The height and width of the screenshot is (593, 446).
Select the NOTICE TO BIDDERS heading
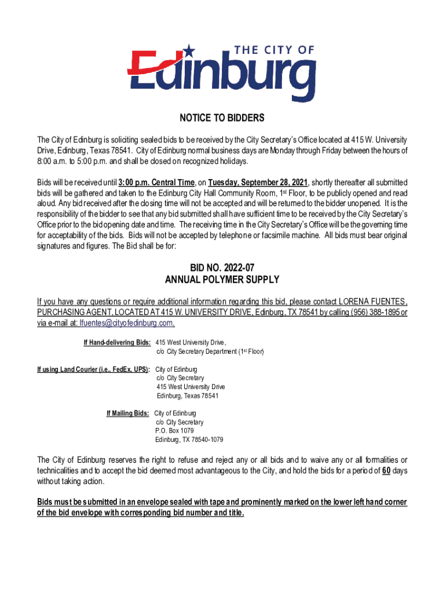(x=222, y=118)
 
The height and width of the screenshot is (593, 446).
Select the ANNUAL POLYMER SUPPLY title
(x=222, y=280)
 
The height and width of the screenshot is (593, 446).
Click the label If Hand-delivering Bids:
(x=118, y=342)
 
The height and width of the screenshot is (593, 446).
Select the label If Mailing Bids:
(x=127, y=413)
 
